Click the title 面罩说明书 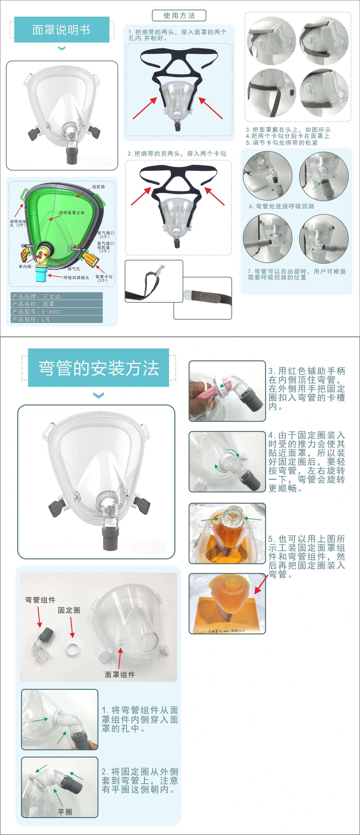[61, 30]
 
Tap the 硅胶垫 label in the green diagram [99, 187]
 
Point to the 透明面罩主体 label [72, 213]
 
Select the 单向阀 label [25, 266]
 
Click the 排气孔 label [74, 269]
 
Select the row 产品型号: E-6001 [57, 312]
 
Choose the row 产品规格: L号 [57, 319]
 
